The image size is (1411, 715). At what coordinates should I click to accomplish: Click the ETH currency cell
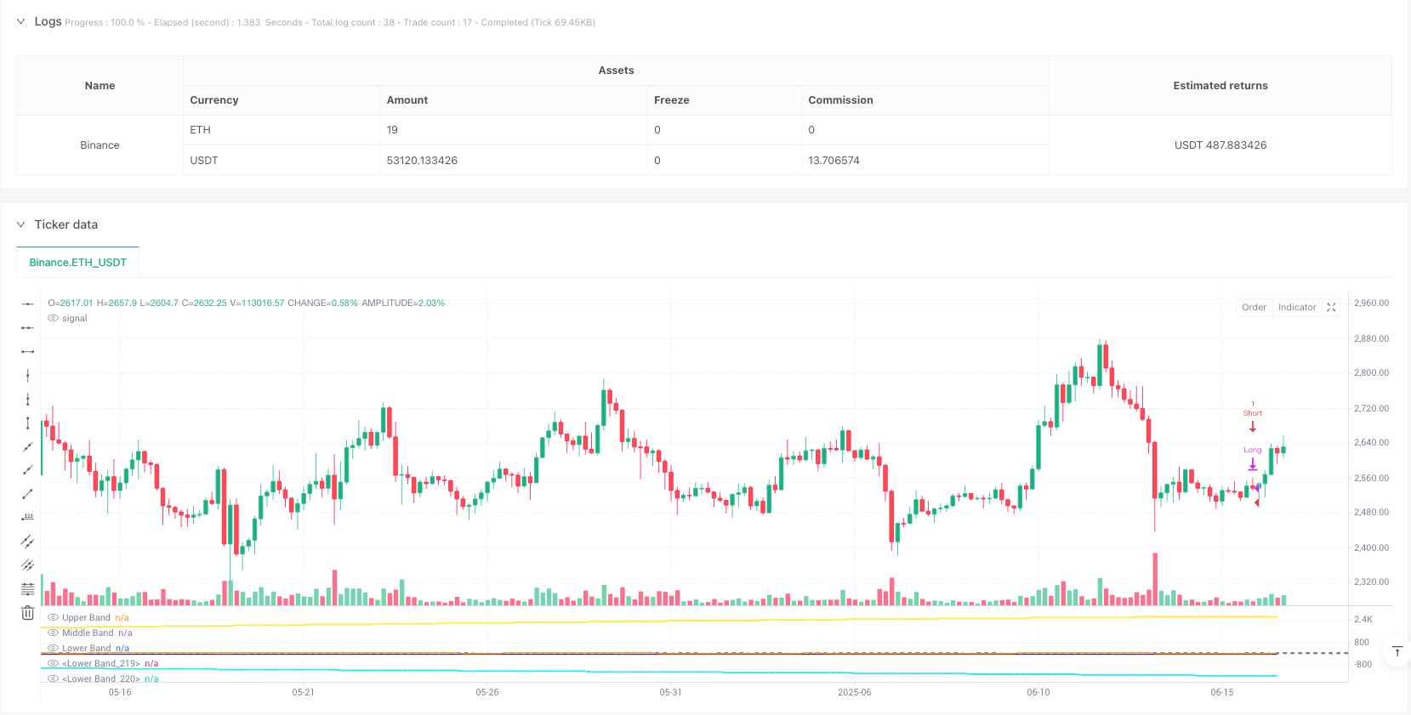click(x=200, y=130)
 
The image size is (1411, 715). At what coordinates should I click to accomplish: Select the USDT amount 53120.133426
click(x=422, y=161)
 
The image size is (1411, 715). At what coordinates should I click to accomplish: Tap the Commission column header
click(x=840, y=100)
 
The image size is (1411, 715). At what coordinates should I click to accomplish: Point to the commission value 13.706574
click(x=834, y=161)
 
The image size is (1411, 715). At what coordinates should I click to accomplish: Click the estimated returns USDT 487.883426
click(x=1220, y=145)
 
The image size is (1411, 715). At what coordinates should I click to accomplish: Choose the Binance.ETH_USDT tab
click(x=77, y=263)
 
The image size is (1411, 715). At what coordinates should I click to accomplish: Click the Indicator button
click(x=1296, y=308)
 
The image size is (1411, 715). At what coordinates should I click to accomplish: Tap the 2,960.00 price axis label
click(x=1371, y=304)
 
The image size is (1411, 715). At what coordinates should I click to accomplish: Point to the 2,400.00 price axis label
click(x=1371, y=548)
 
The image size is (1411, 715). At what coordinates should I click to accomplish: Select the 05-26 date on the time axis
click(x=487, y=692)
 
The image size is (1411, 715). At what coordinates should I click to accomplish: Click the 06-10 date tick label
click(x=1038, y=692)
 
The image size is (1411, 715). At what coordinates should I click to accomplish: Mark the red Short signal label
click(x=1252, y=413)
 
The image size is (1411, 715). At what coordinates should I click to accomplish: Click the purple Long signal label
click(x=1252, y=450)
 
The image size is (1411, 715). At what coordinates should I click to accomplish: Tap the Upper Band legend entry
click(x=86, y=618)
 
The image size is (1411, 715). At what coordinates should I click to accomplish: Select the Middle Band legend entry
click(x=88, y=633)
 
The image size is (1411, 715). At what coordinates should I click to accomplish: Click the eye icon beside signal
click(x=54, y=319)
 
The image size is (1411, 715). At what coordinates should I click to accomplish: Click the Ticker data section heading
click(x=66, y=224)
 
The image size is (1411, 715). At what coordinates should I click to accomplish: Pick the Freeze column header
click(x=671, y=100)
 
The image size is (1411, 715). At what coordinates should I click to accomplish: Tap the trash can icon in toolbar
click(x=27, y=612)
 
